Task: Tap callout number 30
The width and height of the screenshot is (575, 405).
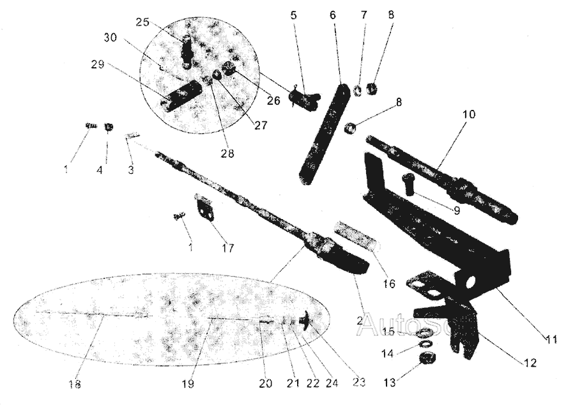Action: pyautogui.click(x=111, y=37)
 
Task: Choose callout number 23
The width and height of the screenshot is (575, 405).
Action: pyautogui.click(x=358, y=382)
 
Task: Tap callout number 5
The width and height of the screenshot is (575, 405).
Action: pyautogui.click(x=293, y=15)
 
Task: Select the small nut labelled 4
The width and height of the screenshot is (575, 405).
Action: pyautogui.click(x=109, y=127)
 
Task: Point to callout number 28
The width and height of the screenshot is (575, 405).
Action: pyautogui.click(x=229, y=154)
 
